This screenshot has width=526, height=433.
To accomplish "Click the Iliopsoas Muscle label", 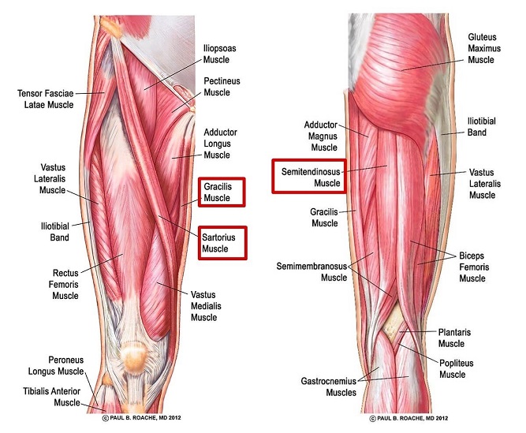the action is (220, 54).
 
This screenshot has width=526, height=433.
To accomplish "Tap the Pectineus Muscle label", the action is (222, 87).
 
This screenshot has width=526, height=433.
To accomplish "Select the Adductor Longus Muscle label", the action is (220, 144).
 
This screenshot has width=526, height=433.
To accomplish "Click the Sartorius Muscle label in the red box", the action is (218, 243).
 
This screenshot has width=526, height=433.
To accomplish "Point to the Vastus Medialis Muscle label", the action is (206, 306).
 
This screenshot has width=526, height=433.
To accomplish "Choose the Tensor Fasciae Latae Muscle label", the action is (46, 99).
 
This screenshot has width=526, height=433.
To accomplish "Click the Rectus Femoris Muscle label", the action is (64, 284).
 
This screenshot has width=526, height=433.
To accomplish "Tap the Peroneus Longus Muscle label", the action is (56, 366).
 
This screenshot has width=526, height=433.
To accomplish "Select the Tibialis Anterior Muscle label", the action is (52, 397).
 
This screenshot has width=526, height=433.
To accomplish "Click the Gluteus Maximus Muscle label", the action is (484, 48).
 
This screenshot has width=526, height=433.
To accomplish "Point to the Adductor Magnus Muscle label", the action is (321, 136).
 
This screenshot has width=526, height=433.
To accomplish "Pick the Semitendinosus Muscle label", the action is (311, 177).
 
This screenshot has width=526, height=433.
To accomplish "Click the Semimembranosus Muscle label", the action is (311, 271).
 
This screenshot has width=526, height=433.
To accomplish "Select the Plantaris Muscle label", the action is (454, 338).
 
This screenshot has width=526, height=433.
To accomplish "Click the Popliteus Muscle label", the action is (457, 368).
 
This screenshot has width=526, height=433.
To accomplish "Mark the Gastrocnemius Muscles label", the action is (328, 386).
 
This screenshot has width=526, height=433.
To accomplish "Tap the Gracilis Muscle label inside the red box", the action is (218, 192).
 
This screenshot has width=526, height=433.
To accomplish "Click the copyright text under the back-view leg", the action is (408, 418).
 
